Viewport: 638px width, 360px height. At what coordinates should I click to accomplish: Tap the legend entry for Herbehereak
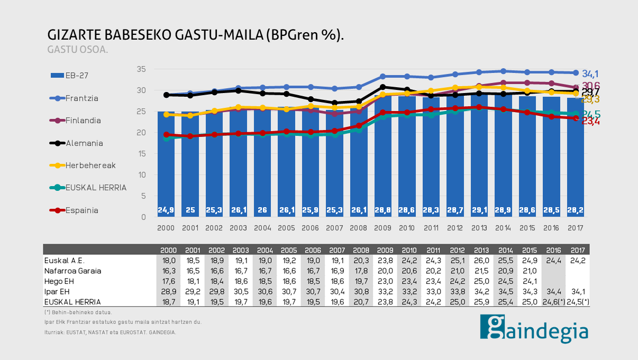point(90,165)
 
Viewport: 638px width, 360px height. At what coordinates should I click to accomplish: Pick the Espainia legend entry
point(82,210)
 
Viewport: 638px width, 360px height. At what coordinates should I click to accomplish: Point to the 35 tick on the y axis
point(141,69)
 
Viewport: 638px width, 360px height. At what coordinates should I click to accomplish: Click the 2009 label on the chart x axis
point(383,227)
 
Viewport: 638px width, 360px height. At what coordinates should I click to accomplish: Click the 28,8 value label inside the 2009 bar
point(383,210)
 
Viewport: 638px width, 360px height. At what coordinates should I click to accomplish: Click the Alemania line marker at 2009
point(383,87)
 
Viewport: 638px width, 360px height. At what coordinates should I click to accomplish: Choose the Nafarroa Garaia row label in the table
point(73,271)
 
